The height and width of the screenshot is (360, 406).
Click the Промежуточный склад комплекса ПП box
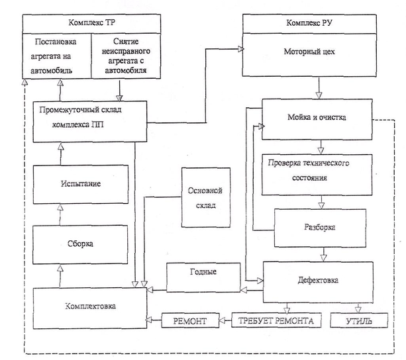(89, 120)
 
